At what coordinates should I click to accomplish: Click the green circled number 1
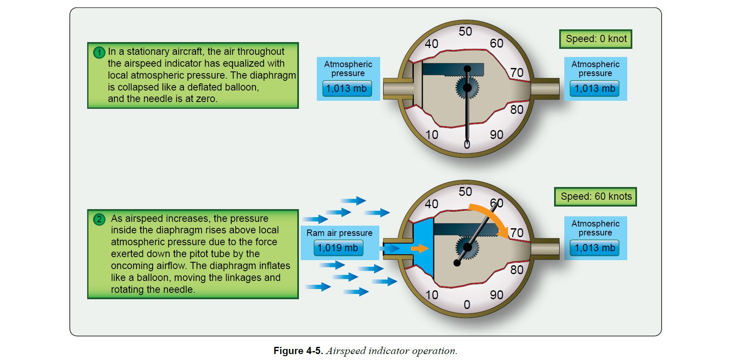[x=99, y=52]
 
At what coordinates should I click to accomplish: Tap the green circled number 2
[x=99, y=219]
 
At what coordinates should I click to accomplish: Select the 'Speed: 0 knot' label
[x=595, y=39]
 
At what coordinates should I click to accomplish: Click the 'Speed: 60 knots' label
[x=595, y=197]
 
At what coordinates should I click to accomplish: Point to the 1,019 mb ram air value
[x=338, y=248]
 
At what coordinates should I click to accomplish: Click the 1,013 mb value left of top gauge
[x=347, y=88]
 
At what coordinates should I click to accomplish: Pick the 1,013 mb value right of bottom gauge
[x=594, y=248]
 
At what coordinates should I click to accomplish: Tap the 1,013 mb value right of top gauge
[x=594, y=89]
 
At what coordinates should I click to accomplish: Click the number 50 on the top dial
[x=465, y=31]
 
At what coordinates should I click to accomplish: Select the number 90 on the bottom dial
[x=496, y=295]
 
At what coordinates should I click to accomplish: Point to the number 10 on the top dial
[x=432, y=135]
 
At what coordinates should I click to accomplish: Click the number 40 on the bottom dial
[x=432, y=204]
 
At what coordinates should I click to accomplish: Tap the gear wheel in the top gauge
[x=467, y=88]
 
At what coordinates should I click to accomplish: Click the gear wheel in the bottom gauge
[x=467, y=247]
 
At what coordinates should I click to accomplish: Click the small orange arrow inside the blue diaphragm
[x=420, y=249]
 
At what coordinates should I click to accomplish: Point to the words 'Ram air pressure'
[x=339, y=233]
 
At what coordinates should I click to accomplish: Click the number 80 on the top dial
[x=517, y=110]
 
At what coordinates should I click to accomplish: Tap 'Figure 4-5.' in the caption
[x=298, y=351]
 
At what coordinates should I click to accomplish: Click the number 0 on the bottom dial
[x=467, y=305]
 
